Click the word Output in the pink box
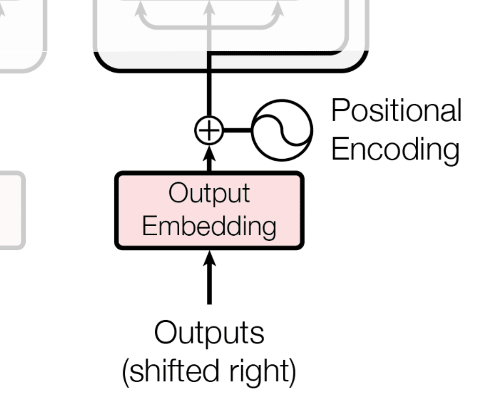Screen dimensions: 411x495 click(x=209, y=194)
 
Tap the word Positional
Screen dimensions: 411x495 click(x=396, y=111)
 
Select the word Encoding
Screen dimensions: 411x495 click(x=395, y=149)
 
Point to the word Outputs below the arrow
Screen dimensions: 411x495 click(x=209, y=333)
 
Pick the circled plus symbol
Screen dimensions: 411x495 click(x=209, y=131)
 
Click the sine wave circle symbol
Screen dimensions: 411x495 click(x=282, y=130)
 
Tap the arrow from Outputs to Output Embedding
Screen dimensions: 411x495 click(x=209, y=284)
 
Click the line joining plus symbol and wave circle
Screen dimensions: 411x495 click(x=238, y=131)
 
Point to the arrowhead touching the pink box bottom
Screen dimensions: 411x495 click(x=209, y=259)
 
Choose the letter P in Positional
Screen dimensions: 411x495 click(x=339, y=111)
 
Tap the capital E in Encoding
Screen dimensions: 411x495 click(x=339, y=149)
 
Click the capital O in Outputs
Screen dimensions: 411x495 click(x=164, y=333)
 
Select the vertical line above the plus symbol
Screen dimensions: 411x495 click(x=209, y=92)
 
